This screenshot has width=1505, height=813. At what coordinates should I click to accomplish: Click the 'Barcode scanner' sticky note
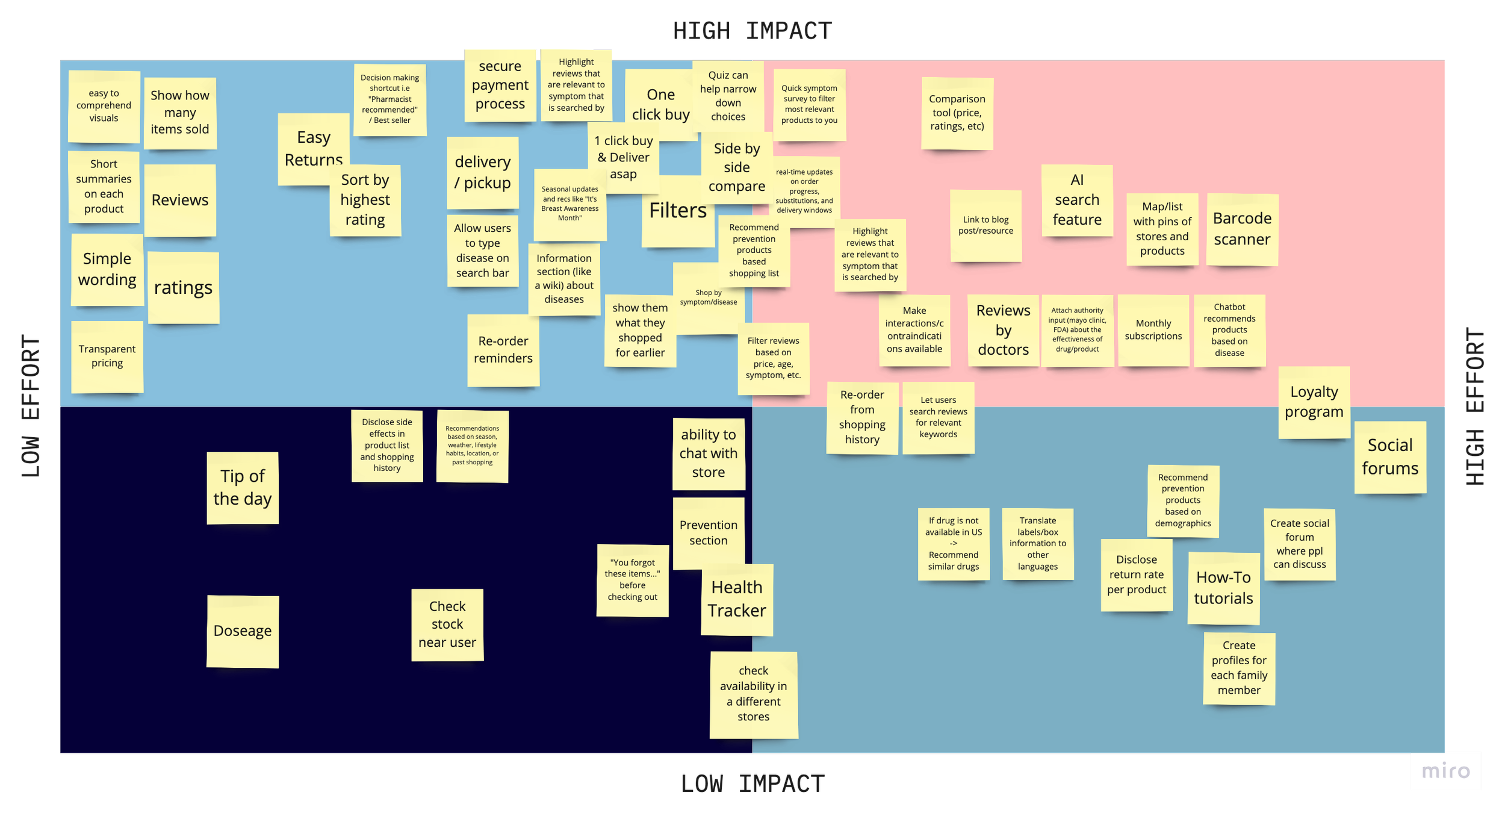coord(1242,229)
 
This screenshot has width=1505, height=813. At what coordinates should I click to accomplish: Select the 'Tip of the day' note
coord(243,487)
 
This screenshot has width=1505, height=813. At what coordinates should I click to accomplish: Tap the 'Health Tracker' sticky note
coord(737,599)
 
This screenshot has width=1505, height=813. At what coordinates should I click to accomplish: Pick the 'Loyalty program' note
coord(1314,402)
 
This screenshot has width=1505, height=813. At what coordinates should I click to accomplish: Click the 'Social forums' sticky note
coord(1390,456)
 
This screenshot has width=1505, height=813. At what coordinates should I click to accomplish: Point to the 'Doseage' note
coord(243,631)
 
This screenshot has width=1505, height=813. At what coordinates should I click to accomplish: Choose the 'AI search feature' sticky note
coord(1077,200)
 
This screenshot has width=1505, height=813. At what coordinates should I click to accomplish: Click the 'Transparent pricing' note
coord(107,356)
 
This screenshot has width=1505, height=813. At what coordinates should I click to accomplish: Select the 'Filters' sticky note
coord(678,211)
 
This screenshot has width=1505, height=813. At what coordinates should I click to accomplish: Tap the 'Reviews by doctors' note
coord(1003,330)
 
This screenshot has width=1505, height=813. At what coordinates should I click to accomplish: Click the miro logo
coord(1445,771)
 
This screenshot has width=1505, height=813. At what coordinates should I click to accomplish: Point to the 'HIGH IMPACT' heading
coord(752,30)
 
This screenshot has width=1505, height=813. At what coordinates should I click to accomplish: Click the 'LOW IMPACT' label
coord(752,784)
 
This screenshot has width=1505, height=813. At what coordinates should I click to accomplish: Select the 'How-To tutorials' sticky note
coord(1223,588)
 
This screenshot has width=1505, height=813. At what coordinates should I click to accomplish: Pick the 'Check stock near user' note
coord(447,625)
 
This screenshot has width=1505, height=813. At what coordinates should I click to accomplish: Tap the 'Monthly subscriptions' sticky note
coord(1153,330)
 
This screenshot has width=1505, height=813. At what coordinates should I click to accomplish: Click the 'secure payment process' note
coord(500,85)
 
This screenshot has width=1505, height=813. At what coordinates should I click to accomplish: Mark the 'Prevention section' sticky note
coord(709,532)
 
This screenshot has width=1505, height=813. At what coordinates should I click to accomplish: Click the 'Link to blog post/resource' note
coord(985,226)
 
